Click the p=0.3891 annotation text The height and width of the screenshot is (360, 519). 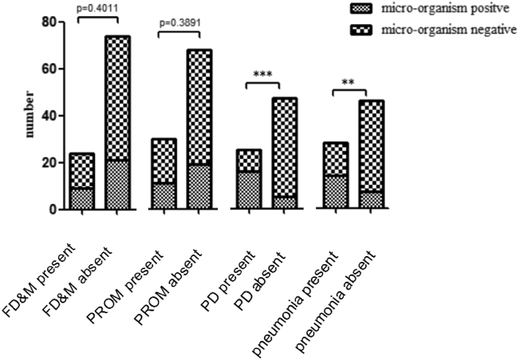[x=178, y=25]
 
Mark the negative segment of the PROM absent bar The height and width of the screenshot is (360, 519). [x=199, y=106]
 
